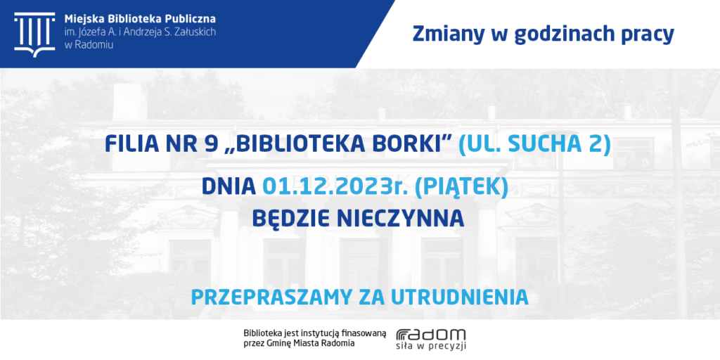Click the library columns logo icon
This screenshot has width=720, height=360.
34,34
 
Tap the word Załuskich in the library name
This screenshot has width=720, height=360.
195,32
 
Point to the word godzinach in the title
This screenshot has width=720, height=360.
555,35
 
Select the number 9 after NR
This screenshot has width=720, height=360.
205,144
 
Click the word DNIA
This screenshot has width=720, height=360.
229,188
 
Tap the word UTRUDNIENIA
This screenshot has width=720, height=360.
459,297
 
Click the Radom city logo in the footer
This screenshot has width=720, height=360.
431,340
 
